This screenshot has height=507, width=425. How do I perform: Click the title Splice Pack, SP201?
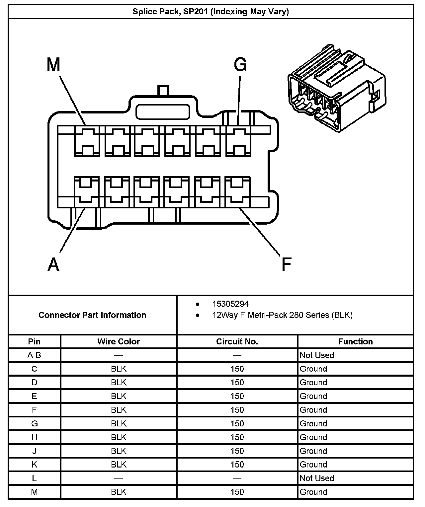(211, 12)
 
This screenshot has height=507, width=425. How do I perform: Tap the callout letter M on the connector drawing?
(53, 64)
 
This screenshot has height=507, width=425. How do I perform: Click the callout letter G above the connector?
(240, 64)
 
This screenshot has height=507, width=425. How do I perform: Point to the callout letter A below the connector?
(53, 264)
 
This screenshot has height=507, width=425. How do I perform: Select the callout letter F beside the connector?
(286, 264)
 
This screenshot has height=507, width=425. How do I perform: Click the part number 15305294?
(230, 304)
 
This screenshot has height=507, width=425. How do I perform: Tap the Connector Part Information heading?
(92, 315)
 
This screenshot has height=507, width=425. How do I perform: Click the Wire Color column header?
(119, 341)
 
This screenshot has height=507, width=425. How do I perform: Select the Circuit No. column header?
(237, 341)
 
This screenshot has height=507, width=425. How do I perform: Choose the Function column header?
(355, 341)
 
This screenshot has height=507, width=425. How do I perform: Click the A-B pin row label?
(34, 355)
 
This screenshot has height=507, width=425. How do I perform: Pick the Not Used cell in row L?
(317, 478)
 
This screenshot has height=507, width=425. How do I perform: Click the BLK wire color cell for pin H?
(119, 437)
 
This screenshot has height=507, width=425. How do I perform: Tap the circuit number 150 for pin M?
(237, 492)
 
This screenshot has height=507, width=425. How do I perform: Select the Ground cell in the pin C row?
(313, 369)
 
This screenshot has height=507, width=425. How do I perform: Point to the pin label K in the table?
(34, 465)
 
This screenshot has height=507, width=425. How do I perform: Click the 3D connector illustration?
(337, 88)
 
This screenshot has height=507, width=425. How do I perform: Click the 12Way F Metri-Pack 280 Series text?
(282, 315)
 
